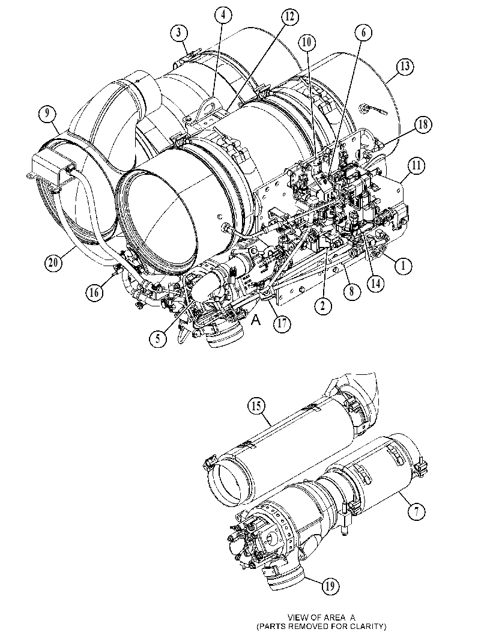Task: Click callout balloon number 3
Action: pyautogui.click(x=178, y=32)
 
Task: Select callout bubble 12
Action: pyautogui.click(x=289, y=17)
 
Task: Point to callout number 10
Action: pyautogui.click(x=307, y=41)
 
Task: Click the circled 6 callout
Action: pyautogui.click(x=363, y=32)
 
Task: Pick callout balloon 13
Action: pyautogui.click(x=405, y=67)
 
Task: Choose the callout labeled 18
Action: pyautogui.click(x=423, y=125)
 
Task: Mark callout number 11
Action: pyautogui.click(x=416, y=165)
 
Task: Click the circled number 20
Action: pyautogui.click(x=53, y=263)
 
